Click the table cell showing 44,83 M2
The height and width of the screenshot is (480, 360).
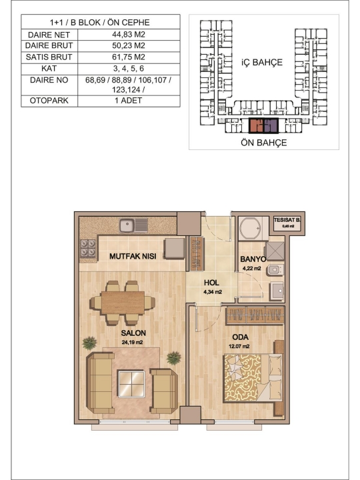point(129,35)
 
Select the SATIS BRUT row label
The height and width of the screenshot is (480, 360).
point(49,57)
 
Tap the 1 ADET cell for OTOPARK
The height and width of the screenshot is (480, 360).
point(129,101)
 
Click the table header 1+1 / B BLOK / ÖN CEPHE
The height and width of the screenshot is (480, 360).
point(100,23)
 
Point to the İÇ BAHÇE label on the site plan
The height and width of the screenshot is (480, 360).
point(262,63)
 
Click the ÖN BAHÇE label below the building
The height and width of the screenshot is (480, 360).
point(263,143)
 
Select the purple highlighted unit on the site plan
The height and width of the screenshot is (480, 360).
point(271,126)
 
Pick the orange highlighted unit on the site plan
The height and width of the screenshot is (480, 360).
point(257,126)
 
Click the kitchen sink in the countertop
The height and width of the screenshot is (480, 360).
point(133,225)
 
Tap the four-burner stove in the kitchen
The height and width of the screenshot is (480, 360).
point(88,248)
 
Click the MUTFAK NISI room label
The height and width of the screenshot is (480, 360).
point(133,256)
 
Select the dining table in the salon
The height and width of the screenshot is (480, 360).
point(123,303)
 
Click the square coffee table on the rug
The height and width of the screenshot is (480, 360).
point(131,383)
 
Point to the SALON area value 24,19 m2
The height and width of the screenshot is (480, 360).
point(132,342)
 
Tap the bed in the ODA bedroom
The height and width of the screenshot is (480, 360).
point(253,378)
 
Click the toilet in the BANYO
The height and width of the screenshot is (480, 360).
point(275,270)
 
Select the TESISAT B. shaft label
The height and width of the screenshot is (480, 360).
point(287,220)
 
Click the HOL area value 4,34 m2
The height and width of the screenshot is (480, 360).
point(213,292)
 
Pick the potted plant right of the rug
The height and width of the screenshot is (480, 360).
point(173,358)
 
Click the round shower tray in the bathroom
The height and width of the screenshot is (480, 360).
point(251,228)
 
